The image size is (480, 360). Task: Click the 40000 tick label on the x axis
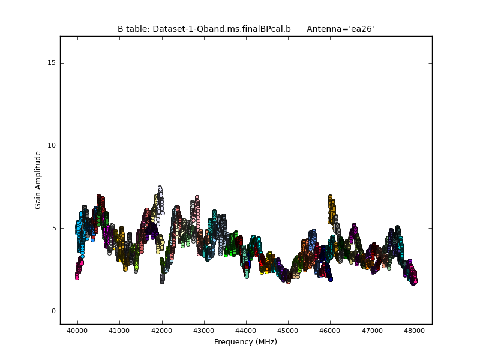tap(77, 331)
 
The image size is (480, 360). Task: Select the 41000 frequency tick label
tap(119, 331)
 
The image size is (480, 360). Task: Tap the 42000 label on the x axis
tap(161, 331)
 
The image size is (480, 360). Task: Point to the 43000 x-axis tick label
tap(203, 331)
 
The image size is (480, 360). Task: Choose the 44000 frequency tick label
tap(245, 331)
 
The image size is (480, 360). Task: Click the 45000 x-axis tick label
tap(288, 331)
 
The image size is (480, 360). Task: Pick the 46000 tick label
tap(330, 331)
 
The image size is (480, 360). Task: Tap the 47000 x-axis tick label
tap(372, 331)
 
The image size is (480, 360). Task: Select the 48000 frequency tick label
tap(415, 331)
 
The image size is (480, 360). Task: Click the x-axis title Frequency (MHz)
tap(245, 342)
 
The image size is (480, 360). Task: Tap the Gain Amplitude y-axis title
tap(38, 180)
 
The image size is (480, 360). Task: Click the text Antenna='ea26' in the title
tap(340, 29)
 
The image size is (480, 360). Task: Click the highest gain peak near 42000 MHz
tap(160, 188)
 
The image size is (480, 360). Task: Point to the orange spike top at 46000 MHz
tap(330, 197)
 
